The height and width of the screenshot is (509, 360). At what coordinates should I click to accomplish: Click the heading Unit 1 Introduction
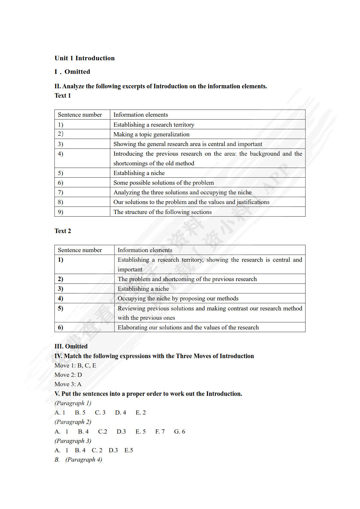click(x=84, y=58)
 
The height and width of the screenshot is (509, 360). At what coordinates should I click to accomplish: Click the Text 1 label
click(x=63, y=95)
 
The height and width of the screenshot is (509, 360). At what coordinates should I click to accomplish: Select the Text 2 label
click(x=63, y=231)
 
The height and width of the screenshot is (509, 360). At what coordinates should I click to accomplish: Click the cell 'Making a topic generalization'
click(x=151, y=134)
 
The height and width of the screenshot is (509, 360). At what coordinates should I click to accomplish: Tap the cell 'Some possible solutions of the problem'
click(x=163, y=182)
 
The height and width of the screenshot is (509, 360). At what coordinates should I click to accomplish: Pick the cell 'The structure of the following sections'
click(x=162, y=212)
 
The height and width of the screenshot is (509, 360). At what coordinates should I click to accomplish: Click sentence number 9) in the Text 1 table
click(x=61, y=212)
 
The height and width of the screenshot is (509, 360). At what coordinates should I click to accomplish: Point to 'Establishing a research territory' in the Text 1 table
click(x=154, y=124)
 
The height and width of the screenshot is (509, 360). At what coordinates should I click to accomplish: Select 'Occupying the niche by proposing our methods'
click(x=178, y=298)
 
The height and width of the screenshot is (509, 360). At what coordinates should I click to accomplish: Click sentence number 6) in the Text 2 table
click(x=61, y=327)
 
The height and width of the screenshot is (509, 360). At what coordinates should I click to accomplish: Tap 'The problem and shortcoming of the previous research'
click(x=187, y=279)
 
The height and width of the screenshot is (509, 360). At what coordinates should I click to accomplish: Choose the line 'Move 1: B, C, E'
click(x=75, y=365)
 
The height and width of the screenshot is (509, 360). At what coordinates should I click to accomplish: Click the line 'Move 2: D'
click(x=68, y=375)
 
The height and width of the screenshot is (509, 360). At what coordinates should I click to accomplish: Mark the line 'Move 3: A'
click(x=68, y=384)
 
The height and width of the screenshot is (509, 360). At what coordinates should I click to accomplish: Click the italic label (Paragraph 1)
click(x=73, y=403)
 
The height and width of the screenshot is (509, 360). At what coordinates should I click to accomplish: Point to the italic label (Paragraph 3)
click(x=73, y=441)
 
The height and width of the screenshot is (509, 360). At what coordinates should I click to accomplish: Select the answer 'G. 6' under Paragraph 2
click(x=180, y=431)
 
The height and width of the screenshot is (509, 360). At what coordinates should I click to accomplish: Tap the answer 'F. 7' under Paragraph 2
click(x=160, y=431)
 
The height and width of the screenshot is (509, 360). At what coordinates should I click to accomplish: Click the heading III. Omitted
click(x=71, y=346)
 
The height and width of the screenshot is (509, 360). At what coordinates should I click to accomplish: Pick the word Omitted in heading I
click(x=77, y=72)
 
